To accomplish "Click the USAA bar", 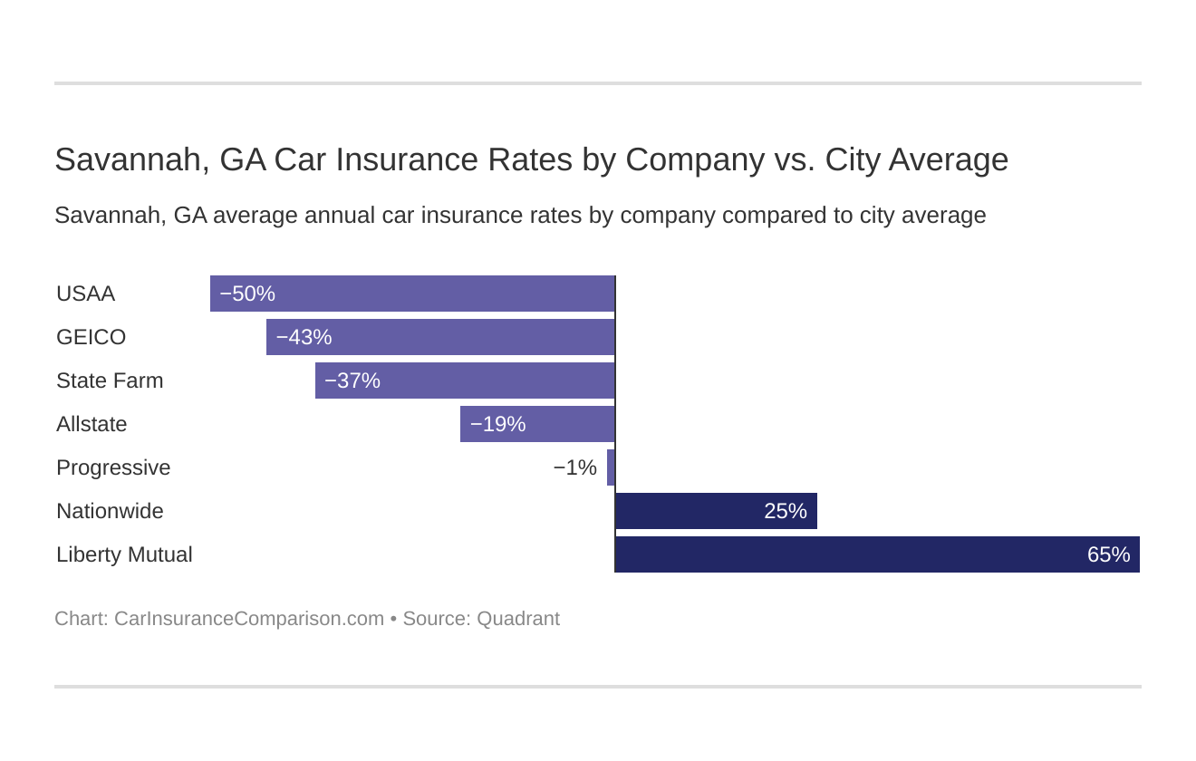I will click(412, 294).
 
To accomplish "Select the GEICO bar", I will click(440, 337).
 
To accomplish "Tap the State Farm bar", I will click(465, 380).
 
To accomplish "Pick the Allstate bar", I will click(537, 424).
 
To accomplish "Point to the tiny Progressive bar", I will click(611, 467).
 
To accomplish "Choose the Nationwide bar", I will click(716, 511).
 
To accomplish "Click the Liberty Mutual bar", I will click(877, 554).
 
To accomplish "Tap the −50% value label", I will click(247, 294).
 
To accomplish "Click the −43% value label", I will click(304, 337).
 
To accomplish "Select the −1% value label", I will click(574, 467).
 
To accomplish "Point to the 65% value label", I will click(1108, 554).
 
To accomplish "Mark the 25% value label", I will click(785, 511).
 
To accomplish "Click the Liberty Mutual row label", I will click(124, 554).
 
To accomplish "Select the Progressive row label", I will click(113, 467).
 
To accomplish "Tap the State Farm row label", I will click(110, 380).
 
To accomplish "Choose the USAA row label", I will click(85, 294).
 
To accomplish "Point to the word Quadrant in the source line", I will click(517, 619).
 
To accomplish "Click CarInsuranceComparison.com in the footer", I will click(249, 619).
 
